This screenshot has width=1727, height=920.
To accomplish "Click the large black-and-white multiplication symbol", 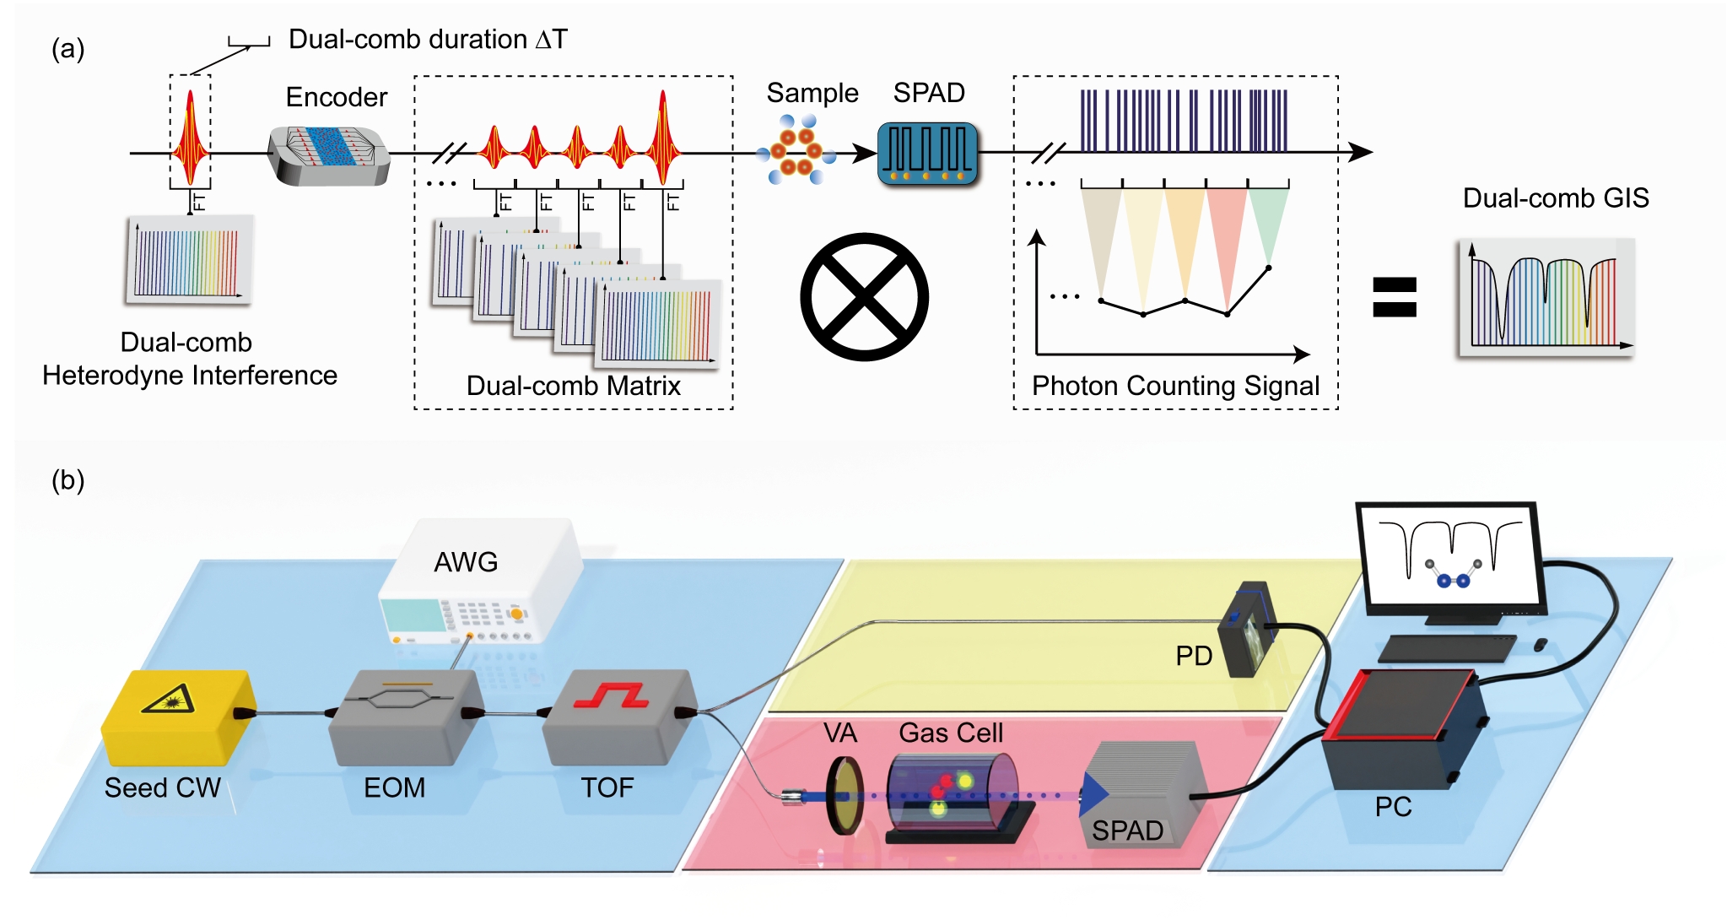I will tap(864, 297).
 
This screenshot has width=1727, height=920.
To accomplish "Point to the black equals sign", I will tap(1395, 297).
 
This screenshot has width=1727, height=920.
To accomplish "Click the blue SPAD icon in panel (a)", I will tap(927, 153).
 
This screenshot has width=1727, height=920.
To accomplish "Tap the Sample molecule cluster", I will tap(796, 150).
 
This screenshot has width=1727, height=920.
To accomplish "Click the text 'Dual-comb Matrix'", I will tap(573, 386).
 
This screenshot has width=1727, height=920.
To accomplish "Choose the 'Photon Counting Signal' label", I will tap(1175, 386).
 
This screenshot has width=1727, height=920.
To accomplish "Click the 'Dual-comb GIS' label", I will tap(1555, 198).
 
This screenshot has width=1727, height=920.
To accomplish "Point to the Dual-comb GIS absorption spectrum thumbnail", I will tap(1546, 297).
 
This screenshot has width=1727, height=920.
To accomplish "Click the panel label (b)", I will tap(67, 480).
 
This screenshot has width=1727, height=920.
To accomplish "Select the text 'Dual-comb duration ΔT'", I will tap(428, 39).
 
